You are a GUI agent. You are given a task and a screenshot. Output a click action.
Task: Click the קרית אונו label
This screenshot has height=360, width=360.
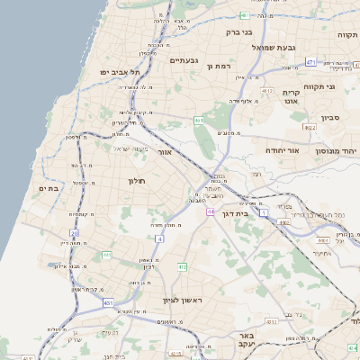click(291, 96)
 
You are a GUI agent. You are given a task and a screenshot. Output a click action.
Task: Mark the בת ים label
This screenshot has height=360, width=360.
click(49, 188)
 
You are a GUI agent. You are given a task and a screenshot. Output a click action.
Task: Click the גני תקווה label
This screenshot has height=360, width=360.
click(343, 85)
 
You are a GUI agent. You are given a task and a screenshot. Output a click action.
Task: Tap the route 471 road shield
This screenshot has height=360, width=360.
click(310, 63)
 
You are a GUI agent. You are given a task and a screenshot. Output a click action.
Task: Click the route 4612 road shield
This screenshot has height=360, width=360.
click(266, 91)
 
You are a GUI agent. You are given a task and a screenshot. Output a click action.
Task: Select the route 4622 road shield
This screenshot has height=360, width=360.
click(310, 128)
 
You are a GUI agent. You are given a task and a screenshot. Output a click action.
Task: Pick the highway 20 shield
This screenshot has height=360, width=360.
click(75, 233)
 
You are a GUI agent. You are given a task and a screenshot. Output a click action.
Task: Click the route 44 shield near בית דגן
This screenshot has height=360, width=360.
click(209, 211)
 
